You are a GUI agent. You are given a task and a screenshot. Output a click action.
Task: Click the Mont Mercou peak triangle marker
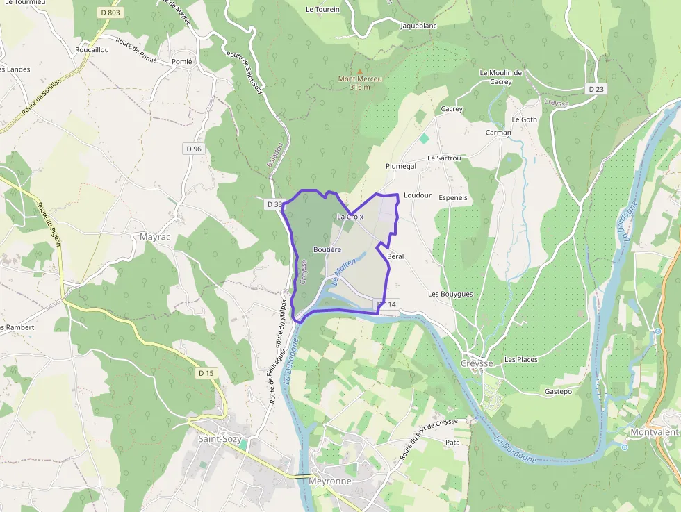[x=359, y=71]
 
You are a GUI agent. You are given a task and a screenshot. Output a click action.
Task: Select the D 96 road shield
[x=194, y=149]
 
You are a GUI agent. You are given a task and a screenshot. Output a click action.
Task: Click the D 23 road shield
[x=596, y=88]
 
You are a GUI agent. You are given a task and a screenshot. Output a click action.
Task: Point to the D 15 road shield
[x=205, y=373]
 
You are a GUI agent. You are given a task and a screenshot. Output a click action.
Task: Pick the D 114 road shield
[x=386, y=304]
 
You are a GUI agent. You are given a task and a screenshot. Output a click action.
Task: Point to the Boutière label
[x=327, y=249]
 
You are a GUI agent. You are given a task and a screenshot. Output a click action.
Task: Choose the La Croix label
[x=350, y=217]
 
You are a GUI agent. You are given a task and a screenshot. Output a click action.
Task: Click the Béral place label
[x=395, y=256]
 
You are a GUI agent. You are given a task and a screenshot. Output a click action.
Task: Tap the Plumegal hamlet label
[x=401, y=167]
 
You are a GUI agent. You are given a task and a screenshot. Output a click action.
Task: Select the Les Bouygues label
[x=450, y=294]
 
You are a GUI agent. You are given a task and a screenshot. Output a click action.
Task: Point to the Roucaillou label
[x=92, y=50]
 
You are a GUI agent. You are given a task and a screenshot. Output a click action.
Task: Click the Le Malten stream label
[x=345, y=272]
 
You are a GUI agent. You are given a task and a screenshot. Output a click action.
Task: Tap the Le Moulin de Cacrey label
[x=500, y=76]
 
